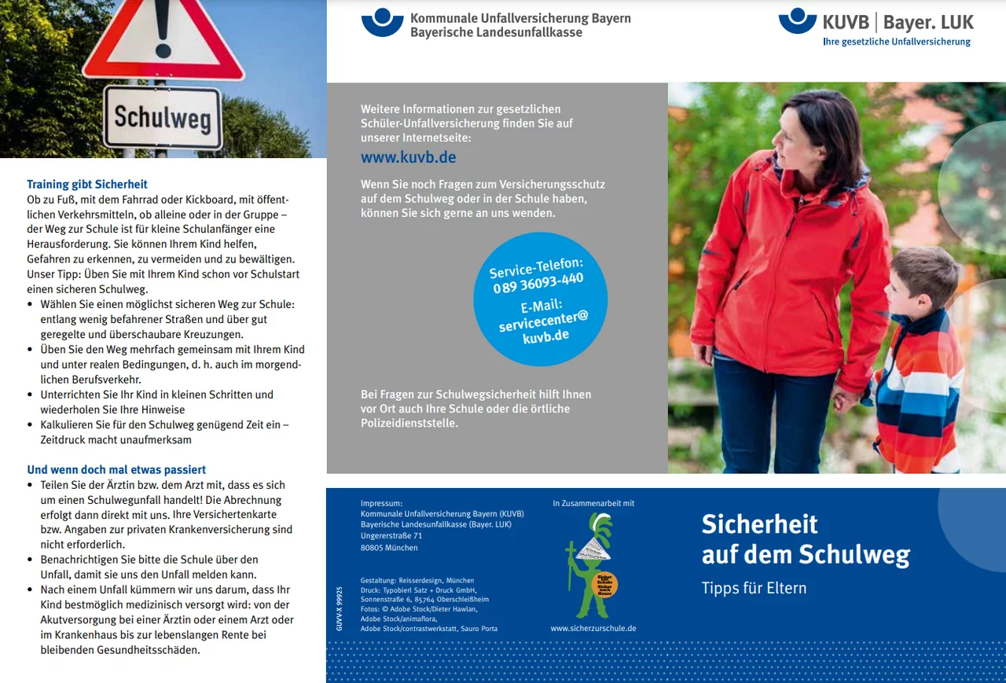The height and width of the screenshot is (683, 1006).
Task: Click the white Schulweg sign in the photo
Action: pos(162,117)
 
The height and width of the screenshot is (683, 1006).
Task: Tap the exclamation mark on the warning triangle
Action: pos(163,24)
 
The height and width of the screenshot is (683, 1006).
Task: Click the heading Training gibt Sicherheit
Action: pos(87,185)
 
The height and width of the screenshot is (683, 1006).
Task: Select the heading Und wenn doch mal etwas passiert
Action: pos(116,470)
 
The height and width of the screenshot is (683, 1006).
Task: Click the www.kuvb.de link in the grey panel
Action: pos(408,157)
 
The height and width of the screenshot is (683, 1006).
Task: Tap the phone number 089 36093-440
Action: pos(538,283)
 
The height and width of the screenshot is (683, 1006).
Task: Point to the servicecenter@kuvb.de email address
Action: pos(543,325)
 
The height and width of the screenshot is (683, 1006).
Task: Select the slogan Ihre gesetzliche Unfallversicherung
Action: pos(896,42)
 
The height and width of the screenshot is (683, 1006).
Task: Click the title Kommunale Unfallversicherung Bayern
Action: pos(520,18)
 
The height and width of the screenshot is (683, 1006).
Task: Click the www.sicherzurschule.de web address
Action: pos(593,629)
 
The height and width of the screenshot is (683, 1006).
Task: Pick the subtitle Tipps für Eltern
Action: pos(754,588)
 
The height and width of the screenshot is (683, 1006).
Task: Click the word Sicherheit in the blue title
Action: pos(759,524)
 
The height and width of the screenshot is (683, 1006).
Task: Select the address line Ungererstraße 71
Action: pos(391,536)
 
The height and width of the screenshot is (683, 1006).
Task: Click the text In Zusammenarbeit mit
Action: pos(593,503)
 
